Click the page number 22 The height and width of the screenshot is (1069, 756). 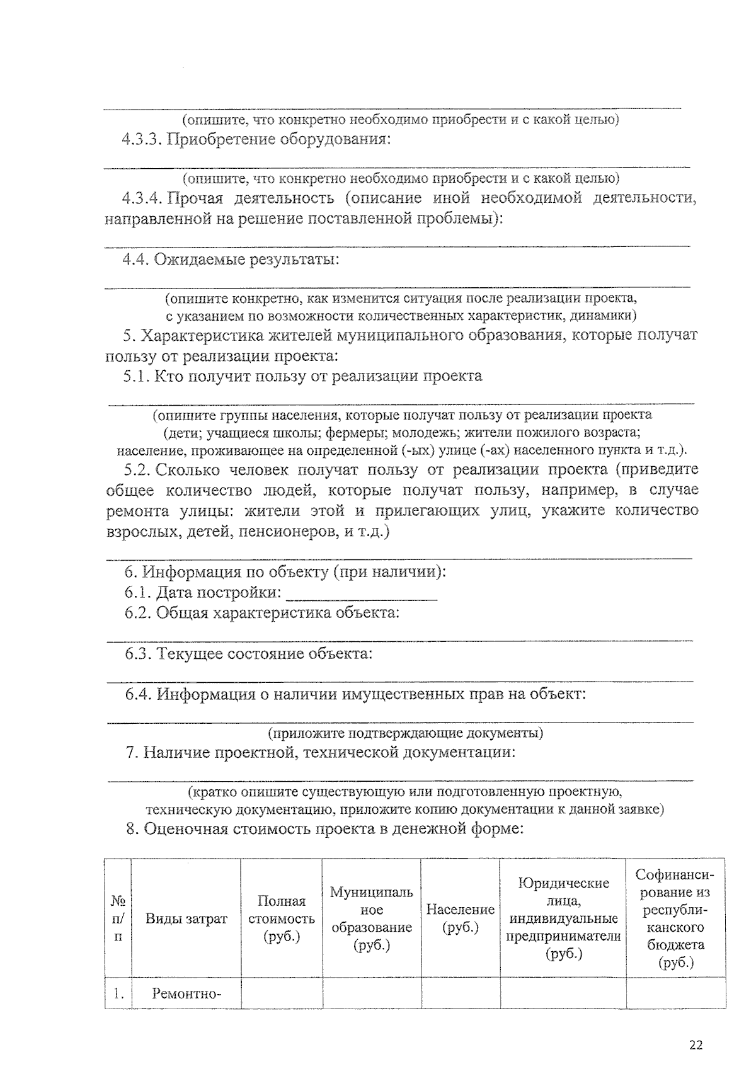[696, 1045]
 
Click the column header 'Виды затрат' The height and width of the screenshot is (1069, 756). [186, 918]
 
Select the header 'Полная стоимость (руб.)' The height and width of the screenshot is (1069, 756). [281, 918]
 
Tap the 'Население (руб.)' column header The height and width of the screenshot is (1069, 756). [461, 918]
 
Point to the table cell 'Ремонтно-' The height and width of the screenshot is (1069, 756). [186, 995]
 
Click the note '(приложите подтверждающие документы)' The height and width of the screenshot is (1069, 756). [406, 733]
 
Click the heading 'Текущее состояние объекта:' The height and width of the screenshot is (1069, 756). [264, 654]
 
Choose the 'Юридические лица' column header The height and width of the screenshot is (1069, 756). [563, 918]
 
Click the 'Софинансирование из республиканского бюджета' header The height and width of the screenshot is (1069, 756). [675, 918]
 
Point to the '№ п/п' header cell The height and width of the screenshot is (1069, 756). [118, 918]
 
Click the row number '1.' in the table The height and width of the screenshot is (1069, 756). [118, 995]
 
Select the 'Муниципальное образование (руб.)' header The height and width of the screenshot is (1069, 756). [372, 918]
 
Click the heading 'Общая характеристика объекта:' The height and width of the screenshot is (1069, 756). [278, 613]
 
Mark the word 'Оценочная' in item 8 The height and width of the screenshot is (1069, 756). [185, 829]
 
